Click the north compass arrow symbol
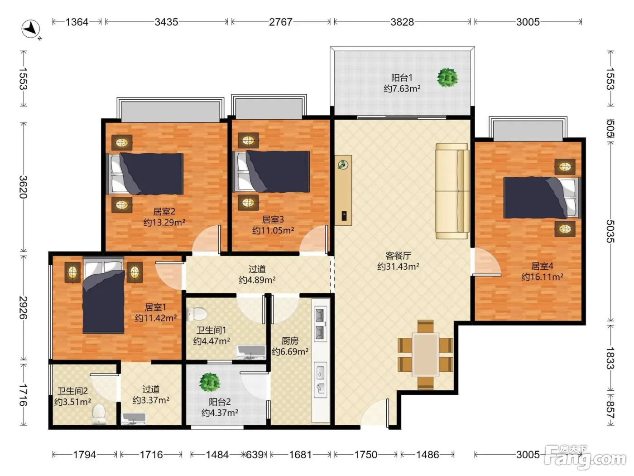coord(31,29)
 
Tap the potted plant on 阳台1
coord(447,78)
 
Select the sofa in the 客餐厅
coord(452,191)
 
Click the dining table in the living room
coord(425,355)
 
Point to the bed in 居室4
coord(542,198)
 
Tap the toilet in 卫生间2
coord(99,413)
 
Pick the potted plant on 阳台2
coord(210,382)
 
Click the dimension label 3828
coord(402,22)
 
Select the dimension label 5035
coord(610,231)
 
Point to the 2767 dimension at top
coord(281,22)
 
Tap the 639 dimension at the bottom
coord(255,455)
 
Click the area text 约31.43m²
coord(398,267)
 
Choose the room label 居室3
coord(273,220)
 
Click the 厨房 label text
coord(290,341)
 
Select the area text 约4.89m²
coord(257,280)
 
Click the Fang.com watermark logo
coord(585,457)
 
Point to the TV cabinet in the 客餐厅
coord(343,190)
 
